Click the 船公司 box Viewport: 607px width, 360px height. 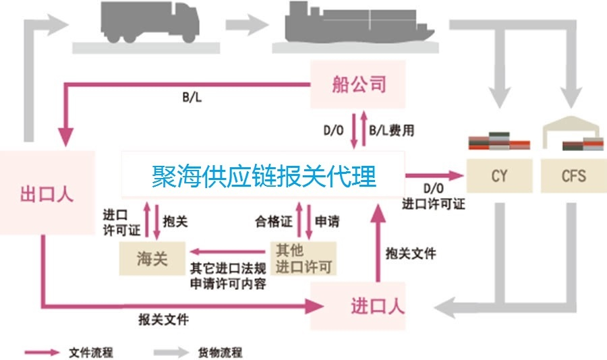[x=358, y=84]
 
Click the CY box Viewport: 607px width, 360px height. [x=500, y=177]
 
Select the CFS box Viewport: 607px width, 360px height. [x=573, y=177]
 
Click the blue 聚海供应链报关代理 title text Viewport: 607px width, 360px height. [x=263, y=177]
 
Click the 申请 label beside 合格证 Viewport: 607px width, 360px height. [x=327, y=220]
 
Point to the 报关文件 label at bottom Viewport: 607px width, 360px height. [x=163, y=319]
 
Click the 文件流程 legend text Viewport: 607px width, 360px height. [x=91, y=352]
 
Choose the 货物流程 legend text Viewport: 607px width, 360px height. [x=221, y=352]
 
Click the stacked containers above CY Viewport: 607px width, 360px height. [x=499, y=141]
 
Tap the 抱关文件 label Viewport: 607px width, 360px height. [x=410, y=253]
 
